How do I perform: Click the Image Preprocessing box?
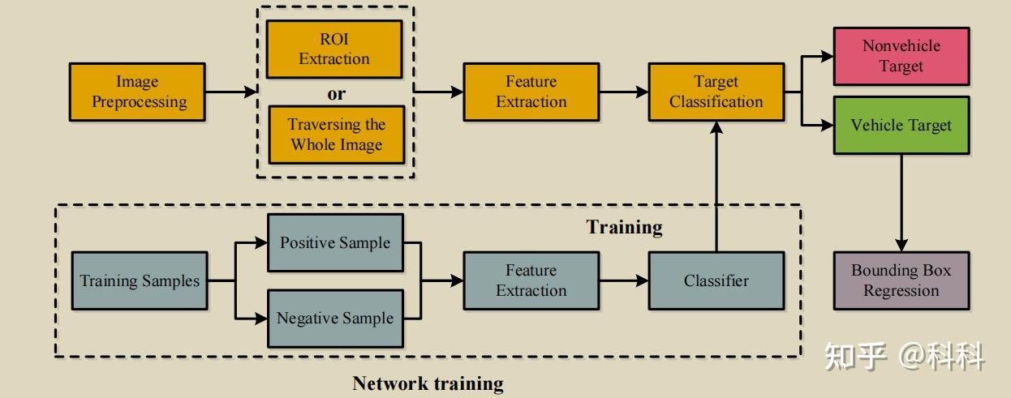[138, 92]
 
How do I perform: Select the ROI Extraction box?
[334, 49]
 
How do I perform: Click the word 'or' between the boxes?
[336, 94]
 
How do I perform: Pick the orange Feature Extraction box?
[531, 92]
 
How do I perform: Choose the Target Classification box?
[716, 92]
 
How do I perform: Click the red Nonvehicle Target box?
[901, 56]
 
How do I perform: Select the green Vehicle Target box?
[901, 126]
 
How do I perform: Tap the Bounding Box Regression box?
[901, 280]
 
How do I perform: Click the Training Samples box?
[139, 280]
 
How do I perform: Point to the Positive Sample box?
[334, 243]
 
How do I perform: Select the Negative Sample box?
[334, 319]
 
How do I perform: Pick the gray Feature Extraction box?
[531, 280]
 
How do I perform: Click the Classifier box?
[716, 280]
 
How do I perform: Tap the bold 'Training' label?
[624, 227]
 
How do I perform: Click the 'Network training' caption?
[428, 383]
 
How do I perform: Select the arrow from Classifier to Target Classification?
[716, 186]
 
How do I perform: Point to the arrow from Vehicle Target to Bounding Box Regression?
[901, 203]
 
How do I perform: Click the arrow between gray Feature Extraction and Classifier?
[623, 280]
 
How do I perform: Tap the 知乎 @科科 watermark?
[904, 356]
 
